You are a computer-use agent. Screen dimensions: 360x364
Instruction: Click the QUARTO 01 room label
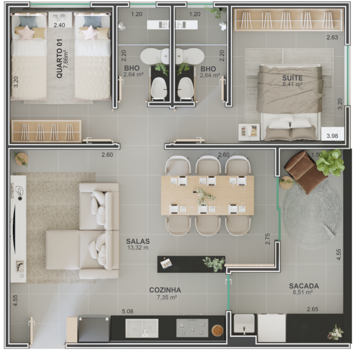point(60,59)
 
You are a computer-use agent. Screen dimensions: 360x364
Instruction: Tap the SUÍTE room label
point(292,78)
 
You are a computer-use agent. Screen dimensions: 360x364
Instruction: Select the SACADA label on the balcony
point(304,286)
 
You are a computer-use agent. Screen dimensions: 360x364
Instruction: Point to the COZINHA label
point(165,290)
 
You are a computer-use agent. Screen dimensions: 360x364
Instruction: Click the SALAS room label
point(138,241)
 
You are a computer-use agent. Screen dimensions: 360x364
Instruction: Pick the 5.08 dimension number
point(127,312)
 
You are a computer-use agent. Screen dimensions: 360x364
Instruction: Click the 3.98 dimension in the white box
point(332,136)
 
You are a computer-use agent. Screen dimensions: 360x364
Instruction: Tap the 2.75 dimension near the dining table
point(268,239)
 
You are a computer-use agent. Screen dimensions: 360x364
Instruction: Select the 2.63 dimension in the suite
point(332,37)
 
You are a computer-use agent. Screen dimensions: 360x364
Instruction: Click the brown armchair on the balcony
point(305,171)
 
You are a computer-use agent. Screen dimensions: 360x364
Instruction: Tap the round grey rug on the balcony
point(312,214)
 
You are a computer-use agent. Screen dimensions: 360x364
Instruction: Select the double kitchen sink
point(142,328)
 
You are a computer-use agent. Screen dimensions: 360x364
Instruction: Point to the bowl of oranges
point(217,330)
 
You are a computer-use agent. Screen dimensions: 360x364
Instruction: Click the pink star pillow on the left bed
point(26,32)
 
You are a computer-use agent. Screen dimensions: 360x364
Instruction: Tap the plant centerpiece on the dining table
point(204,196)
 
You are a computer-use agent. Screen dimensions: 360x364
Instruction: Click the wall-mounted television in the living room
point(14,229)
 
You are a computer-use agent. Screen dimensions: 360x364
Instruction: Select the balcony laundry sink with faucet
point(244,323)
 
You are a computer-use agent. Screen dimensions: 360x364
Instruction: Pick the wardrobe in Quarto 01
point(46,131)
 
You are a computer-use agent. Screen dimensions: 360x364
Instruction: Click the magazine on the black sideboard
point(166,263)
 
